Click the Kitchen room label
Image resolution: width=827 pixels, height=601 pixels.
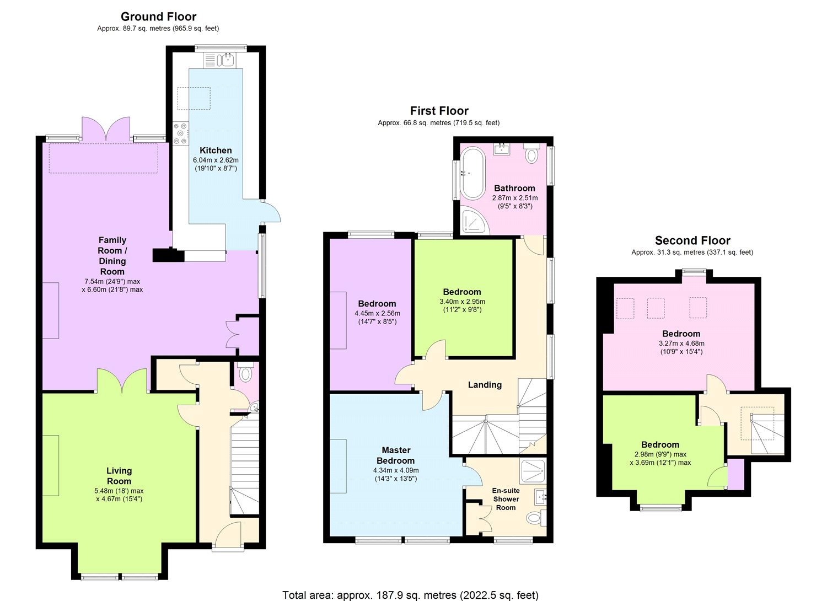pos(216,151)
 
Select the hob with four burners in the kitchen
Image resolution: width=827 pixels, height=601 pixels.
pos(180,133)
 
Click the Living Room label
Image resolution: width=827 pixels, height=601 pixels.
pos(119,475)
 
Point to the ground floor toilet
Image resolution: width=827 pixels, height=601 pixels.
pos(246,374)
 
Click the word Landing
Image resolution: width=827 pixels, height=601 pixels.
pos(485,385)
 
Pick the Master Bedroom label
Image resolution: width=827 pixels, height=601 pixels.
pos(396,455)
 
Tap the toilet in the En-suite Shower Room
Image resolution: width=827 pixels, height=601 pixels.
pos(535,518)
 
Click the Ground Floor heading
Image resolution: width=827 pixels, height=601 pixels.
pos(158,17)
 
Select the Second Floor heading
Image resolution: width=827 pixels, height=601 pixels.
pos(692,240)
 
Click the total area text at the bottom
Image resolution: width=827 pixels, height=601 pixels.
pos(410,595)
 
